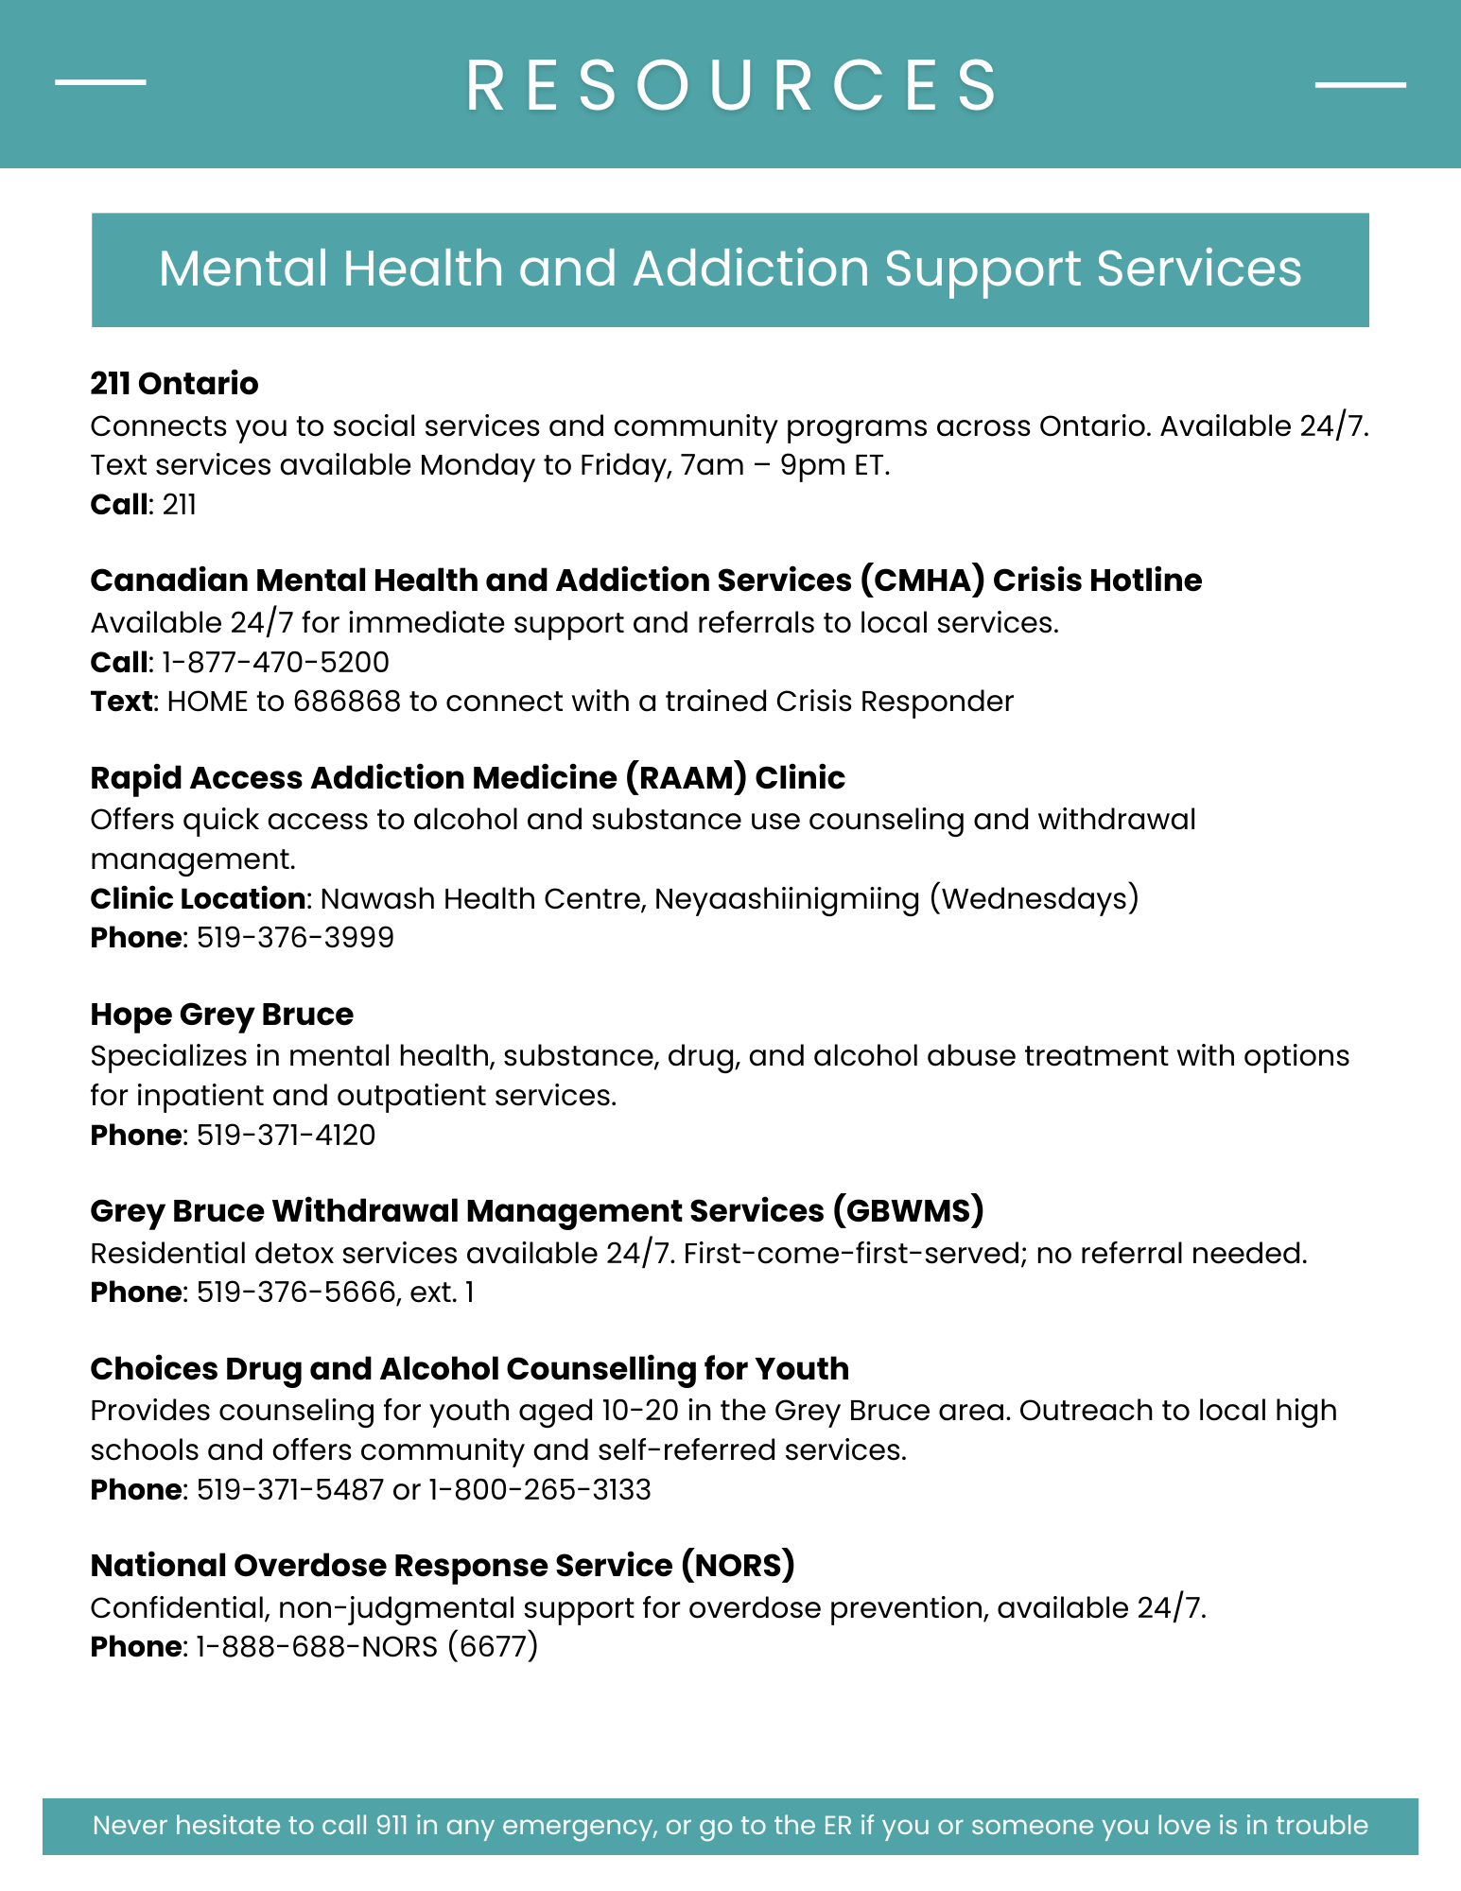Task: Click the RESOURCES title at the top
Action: [731, 85]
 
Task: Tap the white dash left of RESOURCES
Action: [100, 82]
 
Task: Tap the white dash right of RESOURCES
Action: [1360, 85]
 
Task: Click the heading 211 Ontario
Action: [174, 383]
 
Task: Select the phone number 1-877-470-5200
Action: [275, 662]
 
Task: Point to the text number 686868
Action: [346, 702]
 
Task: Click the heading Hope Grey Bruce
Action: [221, 1014]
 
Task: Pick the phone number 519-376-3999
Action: [295, 938]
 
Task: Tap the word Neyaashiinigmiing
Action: [787, 898]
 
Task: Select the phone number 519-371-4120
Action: [286, 1135]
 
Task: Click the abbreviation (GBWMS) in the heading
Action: [909, 1210]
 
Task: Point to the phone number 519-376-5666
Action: [296, 1292]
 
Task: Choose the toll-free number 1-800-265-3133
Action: [540, 1489]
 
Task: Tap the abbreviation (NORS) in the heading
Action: [738, 1565]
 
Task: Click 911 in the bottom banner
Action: [391, 1825]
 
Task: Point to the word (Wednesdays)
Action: [1034, 898]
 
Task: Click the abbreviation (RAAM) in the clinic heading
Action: [686, 777]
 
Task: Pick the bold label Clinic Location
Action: [198, 898]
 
